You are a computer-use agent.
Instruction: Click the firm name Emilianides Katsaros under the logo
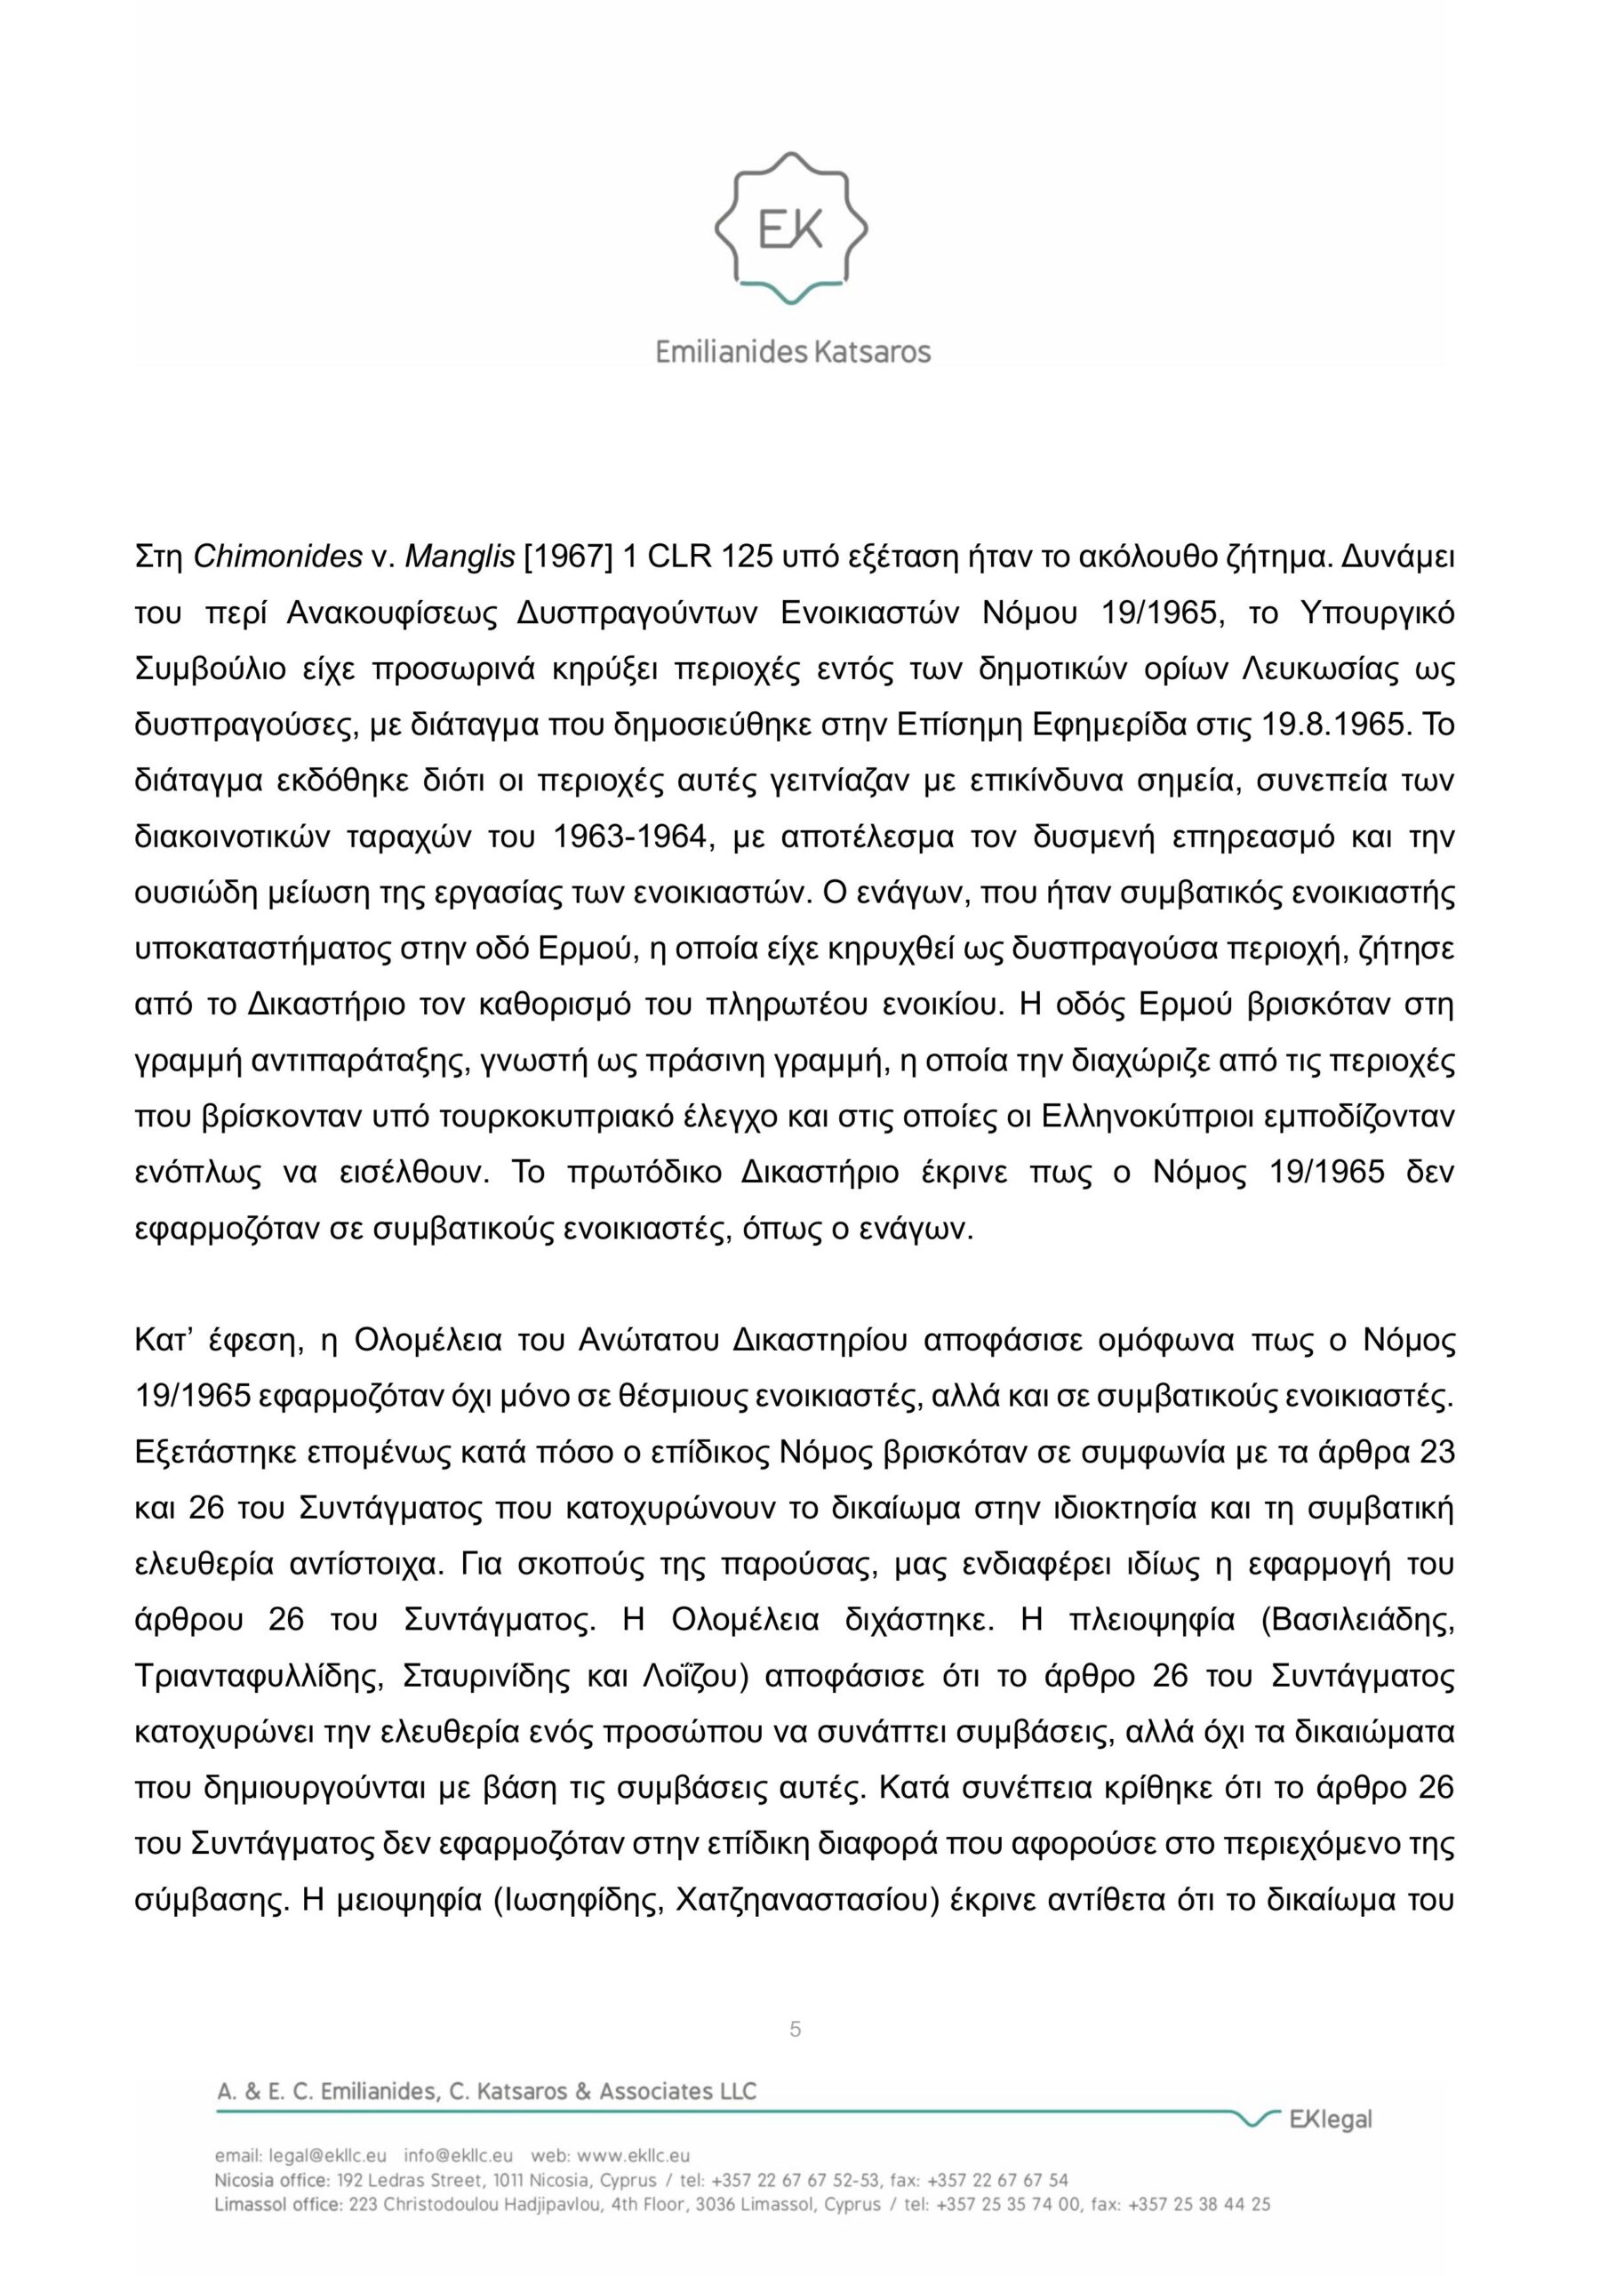click(793, 351)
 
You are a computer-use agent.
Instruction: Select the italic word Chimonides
click(276, 557)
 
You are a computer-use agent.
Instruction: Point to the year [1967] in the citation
click(567, 557)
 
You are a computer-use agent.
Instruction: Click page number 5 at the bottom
click(795, 2029)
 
